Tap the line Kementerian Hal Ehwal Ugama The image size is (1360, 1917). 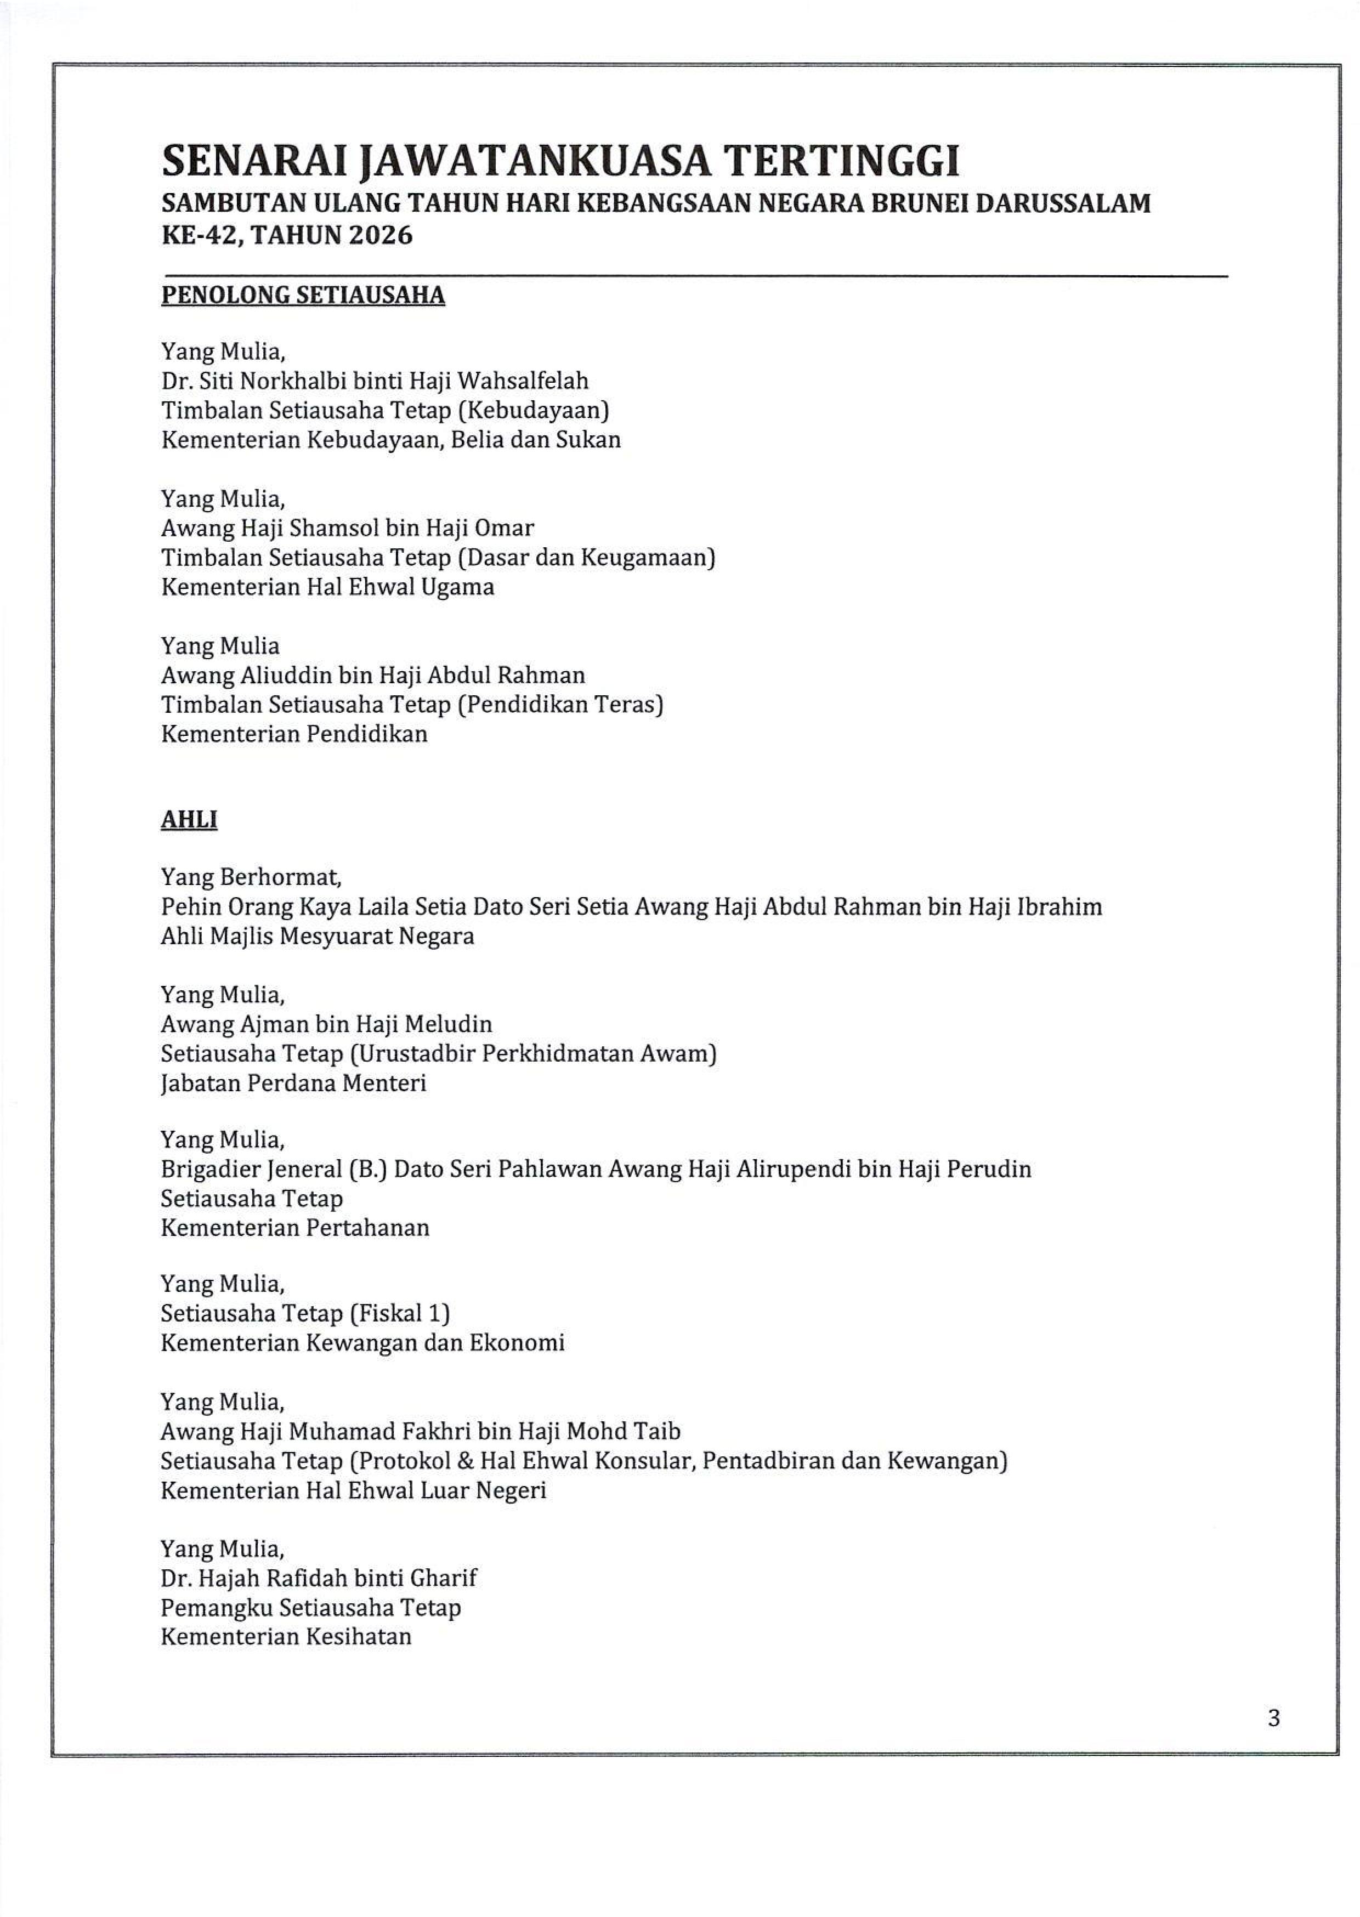(327, 587)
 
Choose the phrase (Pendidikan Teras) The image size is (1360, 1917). (560, 704)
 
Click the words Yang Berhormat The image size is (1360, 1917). (251, 877)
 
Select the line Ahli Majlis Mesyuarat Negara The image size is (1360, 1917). (318, 936)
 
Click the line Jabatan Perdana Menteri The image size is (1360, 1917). (293, 1083)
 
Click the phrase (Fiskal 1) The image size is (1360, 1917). (399, 1313)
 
